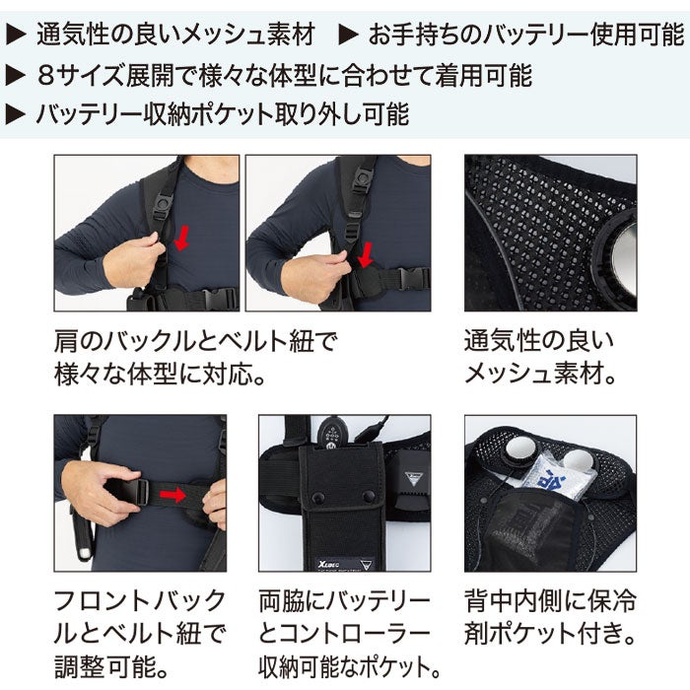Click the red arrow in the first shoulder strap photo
[x=181, y=238]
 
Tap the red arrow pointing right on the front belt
[x=172, y=495]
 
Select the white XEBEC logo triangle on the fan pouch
[x=412, y=478]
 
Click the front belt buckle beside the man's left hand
[x=139, y=492]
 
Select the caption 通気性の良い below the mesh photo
[x=539, y=341]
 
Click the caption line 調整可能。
[x=111, y=666]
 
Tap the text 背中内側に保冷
[x=550, y=601]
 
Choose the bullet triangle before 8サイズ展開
[x=16, y=76]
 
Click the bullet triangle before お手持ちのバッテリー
[x=348, y=35]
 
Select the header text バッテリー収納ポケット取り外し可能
[x=223, y=114]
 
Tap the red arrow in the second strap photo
[x=366, y=254]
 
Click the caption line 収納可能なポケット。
[x=350, y=666]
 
